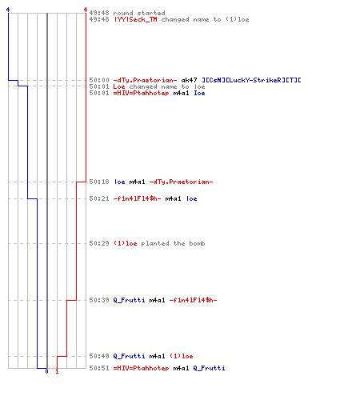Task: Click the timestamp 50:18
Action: (99, 182)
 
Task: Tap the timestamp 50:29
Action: (99, 243)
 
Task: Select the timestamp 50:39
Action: (99, 300)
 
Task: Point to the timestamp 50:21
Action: (99, 198)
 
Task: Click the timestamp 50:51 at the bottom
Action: (99, 368)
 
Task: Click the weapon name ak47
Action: (189, 80)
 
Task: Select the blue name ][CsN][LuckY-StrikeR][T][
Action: (251, 80)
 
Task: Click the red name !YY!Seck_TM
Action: (135, 19)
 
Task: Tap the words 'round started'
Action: (139, 13)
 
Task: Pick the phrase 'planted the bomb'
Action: (173, 243)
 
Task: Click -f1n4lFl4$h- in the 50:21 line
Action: (137, 198)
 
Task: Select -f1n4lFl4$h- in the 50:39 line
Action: (193, 300)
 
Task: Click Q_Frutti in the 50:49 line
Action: (129, 356)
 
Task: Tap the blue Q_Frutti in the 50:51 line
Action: (209, 368)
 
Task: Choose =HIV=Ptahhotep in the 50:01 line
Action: (141, 93)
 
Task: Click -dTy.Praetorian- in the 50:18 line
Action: (181, 182)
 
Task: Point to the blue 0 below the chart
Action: (46, 371)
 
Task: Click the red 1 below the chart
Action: (57, 371)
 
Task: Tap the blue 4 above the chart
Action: (8, 10)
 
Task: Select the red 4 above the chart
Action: (86, 10)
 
